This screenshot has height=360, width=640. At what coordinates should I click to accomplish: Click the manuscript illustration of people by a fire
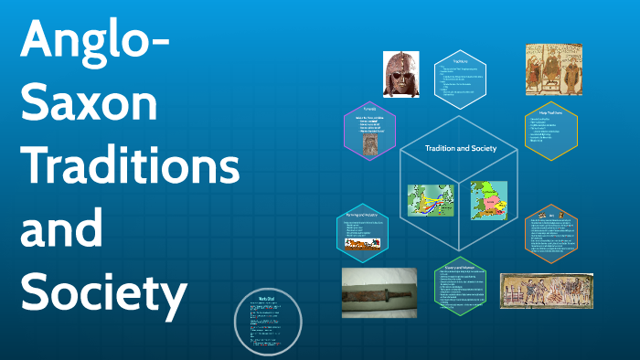(546, 291)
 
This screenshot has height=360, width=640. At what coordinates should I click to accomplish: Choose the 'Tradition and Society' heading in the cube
(460, 148)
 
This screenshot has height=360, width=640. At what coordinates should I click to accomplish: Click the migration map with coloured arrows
(430, 201)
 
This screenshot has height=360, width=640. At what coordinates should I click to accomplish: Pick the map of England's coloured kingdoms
(488, 199)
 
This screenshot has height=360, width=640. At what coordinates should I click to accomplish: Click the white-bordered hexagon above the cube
(460, 79)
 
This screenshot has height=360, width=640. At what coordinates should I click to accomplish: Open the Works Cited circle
(268, 322)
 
